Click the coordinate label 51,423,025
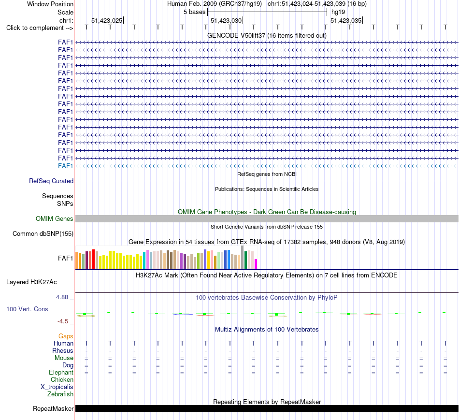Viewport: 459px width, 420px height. tap(107, 20)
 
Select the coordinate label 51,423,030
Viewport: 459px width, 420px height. tap(226, 20)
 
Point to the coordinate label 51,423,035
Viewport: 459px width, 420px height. tap(346, 20)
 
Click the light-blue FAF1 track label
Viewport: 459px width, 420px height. tap(65, 166)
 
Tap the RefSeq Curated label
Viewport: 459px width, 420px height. tap(51, 181)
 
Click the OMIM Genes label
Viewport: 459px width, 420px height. tap(55, 219)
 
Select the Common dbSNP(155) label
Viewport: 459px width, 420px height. tap(43, 234)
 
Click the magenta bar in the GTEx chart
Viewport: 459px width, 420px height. tap(256, 263)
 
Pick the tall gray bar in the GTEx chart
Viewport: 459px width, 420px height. tap(243, 257)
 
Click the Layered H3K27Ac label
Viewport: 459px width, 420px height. tap(31, 282)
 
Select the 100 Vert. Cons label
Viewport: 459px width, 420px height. tap(27, 309)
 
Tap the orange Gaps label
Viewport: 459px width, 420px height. tap(66, 336)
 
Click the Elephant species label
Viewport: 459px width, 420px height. tap(61, 373)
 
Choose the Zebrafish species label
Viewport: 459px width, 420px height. tap(60, 394)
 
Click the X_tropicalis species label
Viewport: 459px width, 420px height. tap(57, 387)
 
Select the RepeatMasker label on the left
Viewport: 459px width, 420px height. tap(53, 408)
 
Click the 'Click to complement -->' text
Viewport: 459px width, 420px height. tap(40, 28)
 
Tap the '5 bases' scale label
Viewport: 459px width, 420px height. tap(195, 12)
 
